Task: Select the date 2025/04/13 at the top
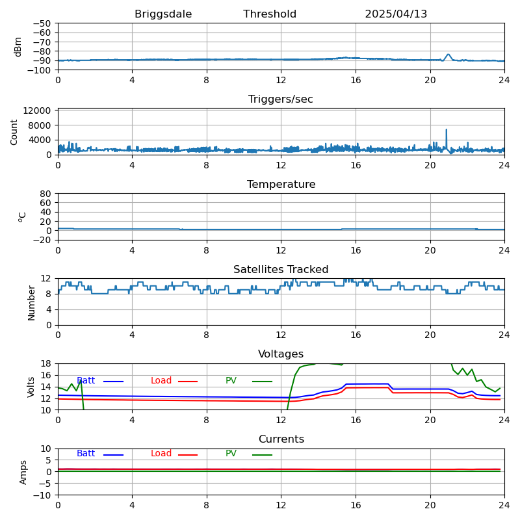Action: tap(396, 14)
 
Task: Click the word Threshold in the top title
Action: tap(270, 14)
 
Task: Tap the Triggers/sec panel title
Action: tap(281, 99)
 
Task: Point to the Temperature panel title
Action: tap(281, 185)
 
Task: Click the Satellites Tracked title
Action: tap(281, 270)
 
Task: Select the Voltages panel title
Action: tap(281, 354)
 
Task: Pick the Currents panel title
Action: tap(281, 439)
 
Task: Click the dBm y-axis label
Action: tap(18, 47)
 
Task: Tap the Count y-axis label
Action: tap(14, 132)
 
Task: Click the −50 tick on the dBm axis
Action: tap(42, 23)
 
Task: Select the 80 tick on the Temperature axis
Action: tap(45, 194)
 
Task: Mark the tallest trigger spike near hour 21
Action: tap(447, 129)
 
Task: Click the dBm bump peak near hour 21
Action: tap(448, 55)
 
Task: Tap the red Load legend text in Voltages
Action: tap(161, 381)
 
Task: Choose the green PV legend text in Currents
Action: tap(232, 454)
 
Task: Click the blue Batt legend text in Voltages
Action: tap(86, 381)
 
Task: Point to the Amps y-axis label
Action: tap(23, 472)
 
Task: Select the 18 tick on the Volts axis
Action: tap(45, 363)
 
